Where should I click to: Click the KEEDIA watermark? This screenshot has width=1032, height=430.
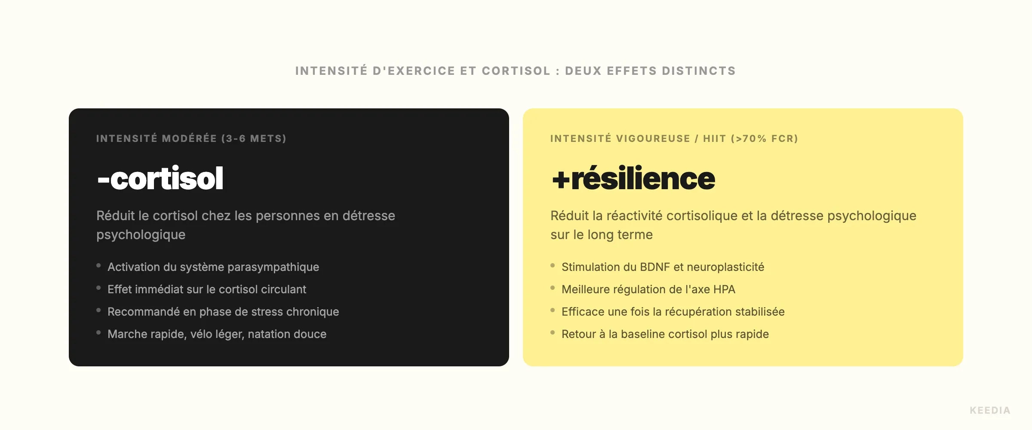pyautogui.click(x=990, y=410)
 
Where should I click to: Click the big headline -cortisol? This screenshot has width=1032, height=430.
pyautogui.click(x=160, y=178)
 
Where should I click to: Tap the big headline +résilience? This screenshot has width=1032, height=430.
pyautogui.click(x=633, y=178)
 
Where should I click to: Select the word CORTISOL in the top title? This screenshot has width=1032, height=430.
pyautogui.click(x=516, y=71)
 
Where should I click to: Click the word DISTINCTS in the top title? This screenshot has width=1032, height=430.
pyautogui.click(x=699, y=71)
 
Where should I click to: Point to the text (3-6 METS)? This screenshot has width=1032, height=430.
pyautogui.click(x=254, y=138)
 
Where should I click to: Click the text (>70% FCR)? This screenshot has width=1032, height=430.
pyautogui.click(x=764, y=138)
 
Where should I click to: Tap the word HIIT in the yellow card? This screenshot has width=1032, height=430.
pyautogui.click(x=714, y=138)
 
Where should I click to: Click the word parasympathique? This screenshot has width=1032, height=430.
pyautogui.click(x=273, y=267)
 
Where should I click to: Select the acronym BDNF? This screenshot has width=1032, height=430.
pyautogui.click(x=655, y=267)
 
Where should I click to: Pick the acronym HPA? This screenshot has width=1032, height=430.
pyautogui.click(x=724, y=289)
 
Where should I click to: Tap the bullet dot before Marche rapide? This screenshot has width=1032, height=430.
pyautogui.click(x=98, y=332)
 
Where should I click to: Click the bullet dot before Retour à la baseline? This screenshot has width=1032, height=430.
pyautogui.click(x=553, y=332)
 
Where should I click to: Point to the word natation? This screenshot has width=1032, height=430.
pyautogui.click(x=269, y=334)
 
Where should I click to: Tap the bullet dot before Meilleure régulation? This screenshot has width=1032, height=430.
pyautogui.click(x=553, y=288)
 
